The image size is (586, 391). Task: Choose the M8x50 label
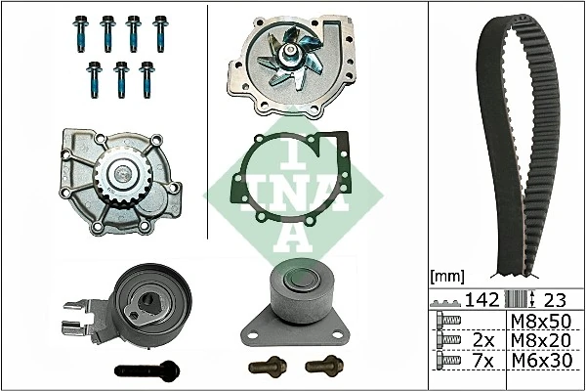coord(542,321)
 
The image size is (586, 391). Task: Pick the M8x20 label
coord(542,340)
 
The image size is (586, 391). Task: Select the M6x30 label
coord(542,361)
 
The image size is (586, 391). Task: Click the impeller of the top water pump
coord(291,53)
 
